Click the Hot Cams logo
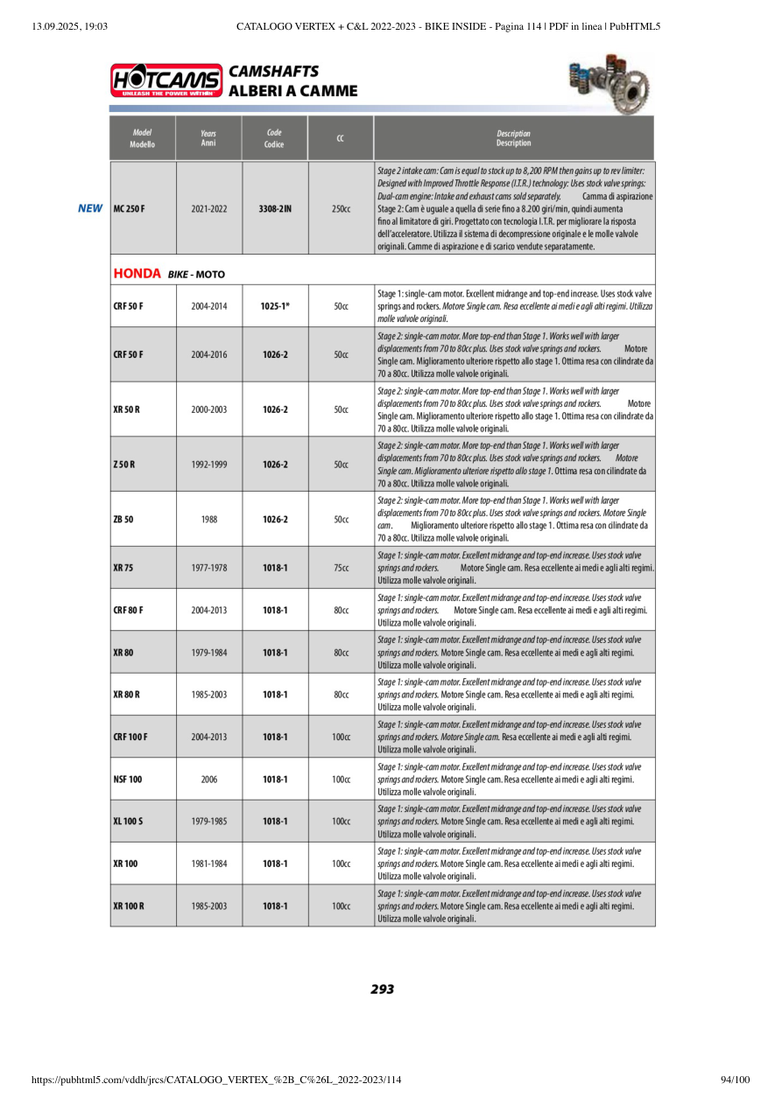(166, 81)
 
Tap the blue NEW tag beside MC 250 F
(90, 209)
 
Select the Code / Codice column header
(274, 138)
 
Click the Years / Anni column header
(208, 138)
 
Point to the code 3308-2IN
(275, 209)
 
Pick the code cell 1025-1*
(275, 307)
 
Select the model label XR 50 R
(127, 409)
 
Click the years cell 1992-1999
(209, 465)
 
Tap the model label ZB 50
(123, 519)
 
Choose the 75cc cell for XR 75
(341, 568)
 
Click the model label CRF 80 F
(128, 610)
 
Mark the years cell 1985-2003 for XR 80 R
(209, 695)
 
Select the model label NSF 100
(128, 779)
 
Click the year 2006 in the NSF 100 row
(209, 779)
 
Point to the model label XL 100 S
(129, 822)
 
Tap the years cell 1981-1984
(209, 864)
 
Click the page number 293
(383, 990)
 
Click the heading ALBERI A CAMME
(292, 91)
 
